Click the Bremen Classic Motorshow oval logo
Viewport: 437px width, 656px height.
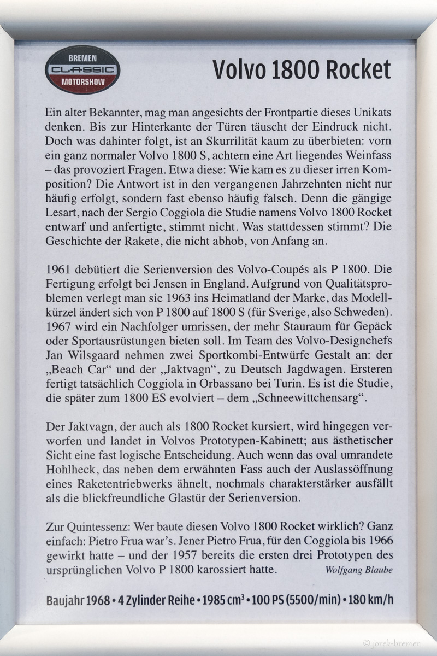82,69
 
